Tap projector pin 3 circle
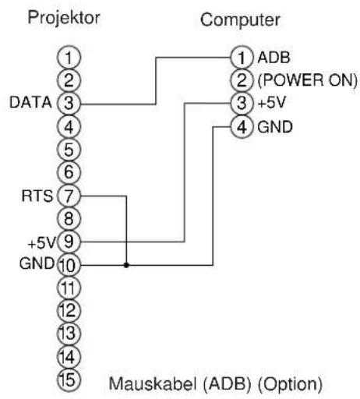click(69, 102)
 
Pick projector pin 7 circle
click(69, 194)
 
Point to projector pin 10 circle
click(69, 265)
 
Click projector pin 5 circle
click(69, 148)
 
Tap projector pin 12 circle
click(69, 311)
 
